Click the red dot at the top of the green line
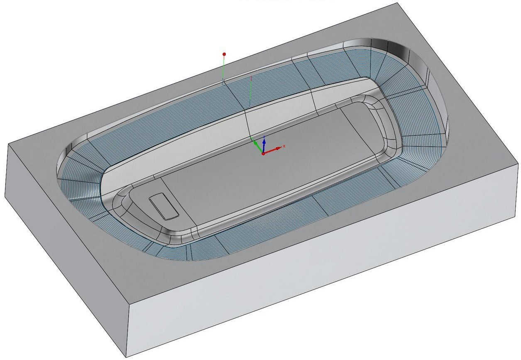224,54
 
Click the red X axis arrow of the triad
275,149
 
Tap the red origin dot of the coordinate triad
263,154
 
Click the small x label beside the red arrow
284,146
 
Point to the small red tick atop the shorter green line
252,77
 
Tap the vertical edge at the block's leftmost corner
7,170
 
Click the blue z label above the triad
264,136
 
